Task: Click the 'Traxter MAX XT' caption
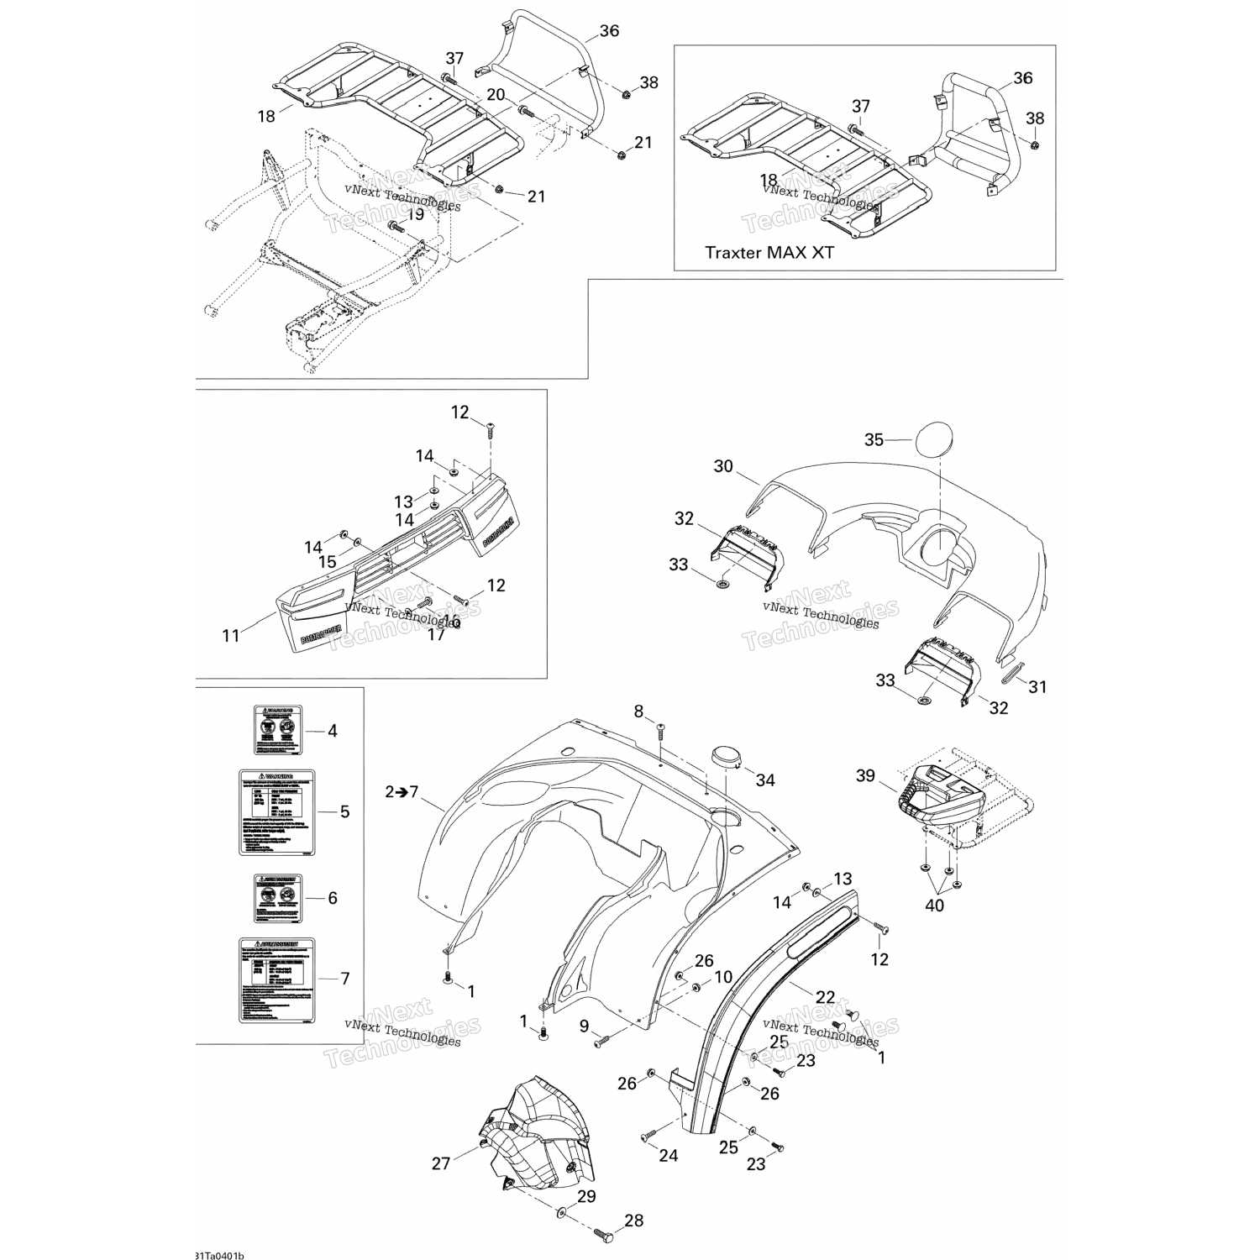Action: [769, 252]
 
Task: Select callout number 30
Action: [723, 466]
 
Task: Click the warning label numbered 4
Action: [278, 730]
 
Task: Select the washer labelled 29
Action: [560, 1213]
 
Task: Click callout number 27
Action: [441, 1163]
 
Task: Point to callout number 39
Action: [865, 775]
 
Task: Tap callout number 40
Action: [934, 906]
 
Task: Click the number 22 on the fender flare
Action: [826, 996]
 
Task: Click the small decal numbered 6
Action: [279, 898]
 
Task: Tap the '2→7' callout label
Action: [402, 791]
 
